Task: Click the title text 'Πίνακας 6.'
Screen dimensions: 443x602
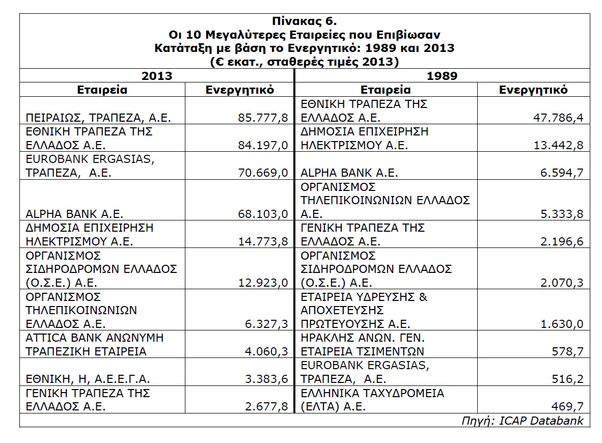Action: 305,22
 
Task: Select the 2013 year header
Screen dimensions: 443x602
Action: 157,76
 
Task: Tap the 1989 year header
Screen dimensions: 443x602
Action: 442,76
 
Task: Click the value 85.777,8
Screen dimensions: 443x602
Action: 263,118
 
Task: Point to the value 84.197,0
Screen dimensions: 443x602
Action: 263,145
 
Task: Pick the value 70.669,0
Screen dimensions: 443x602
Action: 263,173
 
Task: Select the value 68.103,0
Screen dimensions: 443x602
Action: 263,213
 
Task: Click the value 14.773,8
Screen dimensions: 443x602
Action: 263,241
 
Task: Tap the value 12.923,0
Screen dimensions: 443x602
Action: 263,282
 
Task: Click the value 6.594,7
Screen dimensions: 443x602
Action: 561,173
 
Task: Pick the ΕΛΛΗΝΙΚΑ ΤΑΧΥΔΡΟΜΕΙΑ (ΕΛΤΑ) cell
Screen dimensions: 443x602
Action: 372,400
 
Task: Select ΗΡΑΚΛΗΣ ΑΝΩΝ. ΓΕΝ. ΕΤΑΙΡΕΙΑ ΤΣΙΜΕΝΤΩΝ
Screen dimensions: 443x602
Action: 363,344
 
